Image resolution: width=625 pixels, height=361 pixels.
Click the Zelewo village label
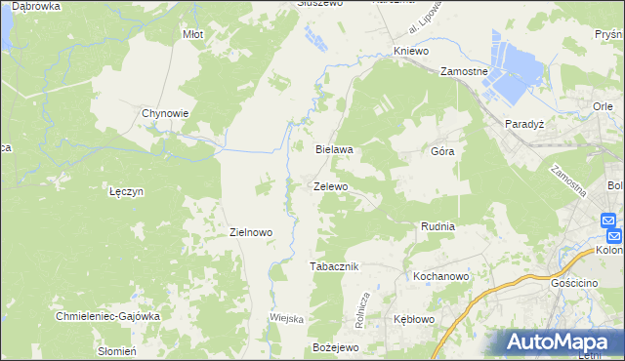point(330,186)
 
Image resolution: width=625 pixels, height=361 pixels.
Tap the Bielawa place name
point(333,150)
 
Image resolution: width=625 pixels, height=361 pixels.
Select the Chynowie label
point(165,113)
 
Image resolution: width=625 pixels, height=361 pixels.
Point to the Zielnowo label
point(249,232)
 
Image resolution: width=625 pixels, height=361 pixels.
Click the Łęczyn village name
point(127,192)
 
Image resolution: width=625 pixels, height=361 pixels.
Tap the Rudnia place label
point(437,226)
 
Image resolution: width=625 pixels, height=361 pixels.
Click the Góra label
point(442,152)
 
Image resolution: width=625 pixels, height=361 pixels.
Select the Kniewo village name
point(411,49)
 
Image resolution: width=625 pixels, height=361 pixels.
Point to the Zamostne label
point(464,72)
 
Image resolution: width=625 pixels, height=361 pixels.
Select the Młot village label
point(192,34)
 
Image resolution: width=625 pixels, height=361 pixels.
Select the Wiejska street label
point(287,319)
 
